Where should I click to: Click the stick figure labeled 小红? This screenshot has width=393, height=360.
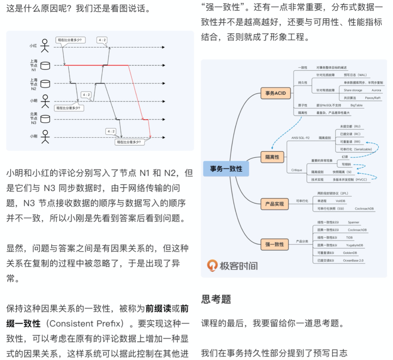[x=45, y=46]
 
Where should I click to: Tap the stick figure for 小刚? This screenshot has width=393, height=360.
[x=45, y=136]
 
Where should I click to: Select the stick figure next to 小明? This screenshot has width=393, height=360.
[x=45, y=101]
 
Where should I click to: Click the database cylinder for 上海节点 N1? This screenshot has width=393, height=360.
[x=45, y=65]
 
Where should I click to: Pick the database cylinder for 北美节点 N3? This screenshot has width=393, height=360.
[x=45, y=119]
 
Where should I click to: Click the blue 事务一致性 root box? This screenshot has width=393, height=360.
[x=226, y=169]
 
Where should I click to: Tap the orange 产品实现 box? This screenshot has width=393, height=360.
[x=274, y=204]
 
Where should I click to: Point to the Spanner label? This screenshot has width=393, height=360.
[x=353, y=222]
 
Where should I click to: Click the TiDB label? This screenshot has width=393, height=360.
[x=350, y=237]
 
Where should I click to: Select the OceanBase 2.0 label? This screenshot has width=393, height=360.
[x=353, y=260]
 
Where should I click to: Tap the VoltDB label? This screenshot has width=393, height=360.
[x=340, y=200]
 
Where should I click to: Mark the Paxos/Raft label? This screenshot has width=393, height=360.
[x=373, y=98]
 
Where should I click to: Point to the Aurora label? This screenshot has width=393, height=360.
[x=376, y=90]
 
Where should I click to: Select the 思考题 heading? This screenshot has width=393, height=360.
[x=216, y=299]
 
